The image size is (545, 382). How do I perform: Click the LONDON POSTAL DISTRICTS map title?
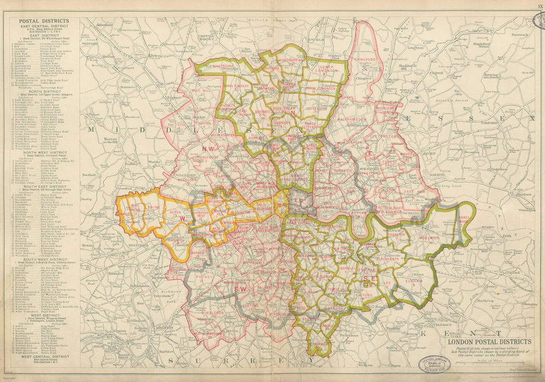(x=489, y=342)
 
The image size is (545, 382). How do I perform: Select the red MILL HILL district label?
(x=202, y=90)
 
